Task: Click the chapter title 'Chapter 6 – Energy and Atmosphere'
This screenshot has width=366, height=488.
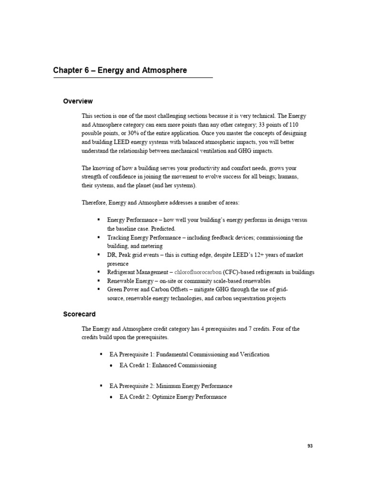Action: pos(120,71)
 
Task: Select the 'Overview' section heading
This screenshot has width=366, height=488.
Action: pos(78,101)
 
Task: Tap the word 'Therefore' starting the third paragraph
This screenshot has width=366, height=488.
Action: pos(94,203)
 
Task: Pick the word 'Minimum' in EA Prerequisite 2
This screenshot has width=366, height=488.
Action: pos(168,386)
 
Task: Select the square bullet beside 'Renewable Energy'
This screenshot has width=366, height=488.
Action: pos(98,281)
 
